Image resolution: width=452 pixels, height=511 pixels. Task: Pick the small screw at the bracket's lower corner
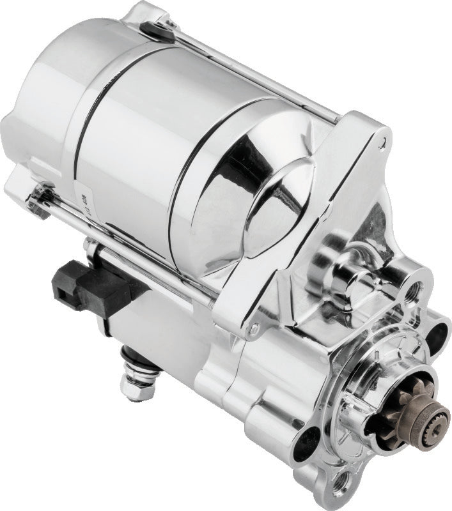tap(254, 330)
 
